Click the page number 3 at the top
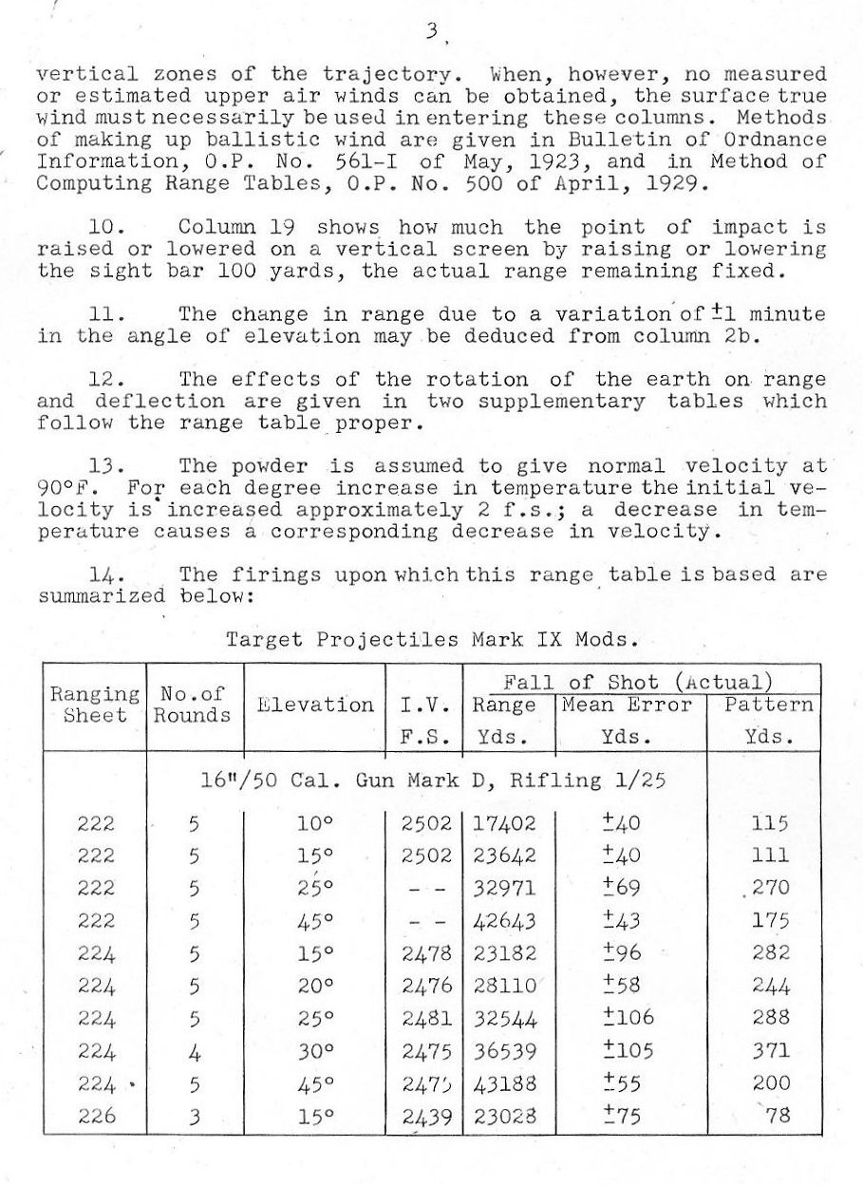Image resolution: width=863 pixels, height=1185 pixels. tap(431, 31)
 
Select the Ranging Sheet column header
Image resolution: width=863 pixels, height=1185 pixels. tap(94, 705)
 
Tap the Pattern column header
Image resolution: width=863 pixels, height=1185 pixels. tap(769, 705)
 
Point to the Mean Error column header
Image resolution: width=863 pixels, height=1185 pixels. tap(628, 705)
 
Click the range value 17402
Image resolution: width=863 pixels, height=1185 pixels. tap(504, 823)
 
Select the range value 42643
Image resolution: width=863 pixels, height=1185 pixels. tap(504, 920)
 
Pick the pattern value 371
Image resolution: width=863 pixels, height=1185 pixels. tap(770, 1051)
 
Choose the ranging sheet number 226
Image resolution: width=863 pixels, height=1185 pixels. tap(96, 1117)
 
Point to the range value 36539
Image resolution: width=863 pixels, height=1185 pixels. tap(504, 1051)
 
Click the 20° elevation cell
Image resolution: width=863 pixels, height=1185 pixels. tap(315, 986)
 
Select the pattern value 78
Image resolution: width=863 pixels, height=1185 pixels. tap(777, 1117)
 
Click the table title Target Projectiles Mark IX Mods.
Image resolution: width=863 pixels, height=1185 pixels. tap(429, 639)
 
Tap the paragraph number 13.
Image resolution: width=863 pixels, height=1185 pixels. tap(101, 466)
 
